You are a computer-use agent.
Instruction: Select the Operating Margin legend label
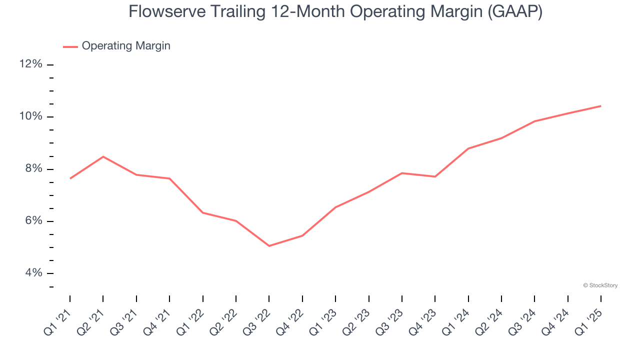(x=126, y=46)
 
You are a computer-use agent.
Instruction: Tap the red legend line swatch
(x=70, y=46)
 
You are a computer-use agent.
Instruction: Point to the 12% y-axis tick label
(x=31, y=64)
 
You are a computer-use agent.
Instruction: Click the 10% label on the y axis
(x=31, y=116)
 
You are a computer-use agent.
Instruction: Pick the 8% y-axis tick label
(x=33, y=169)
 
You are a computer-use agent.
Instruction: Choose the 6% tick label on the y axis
(x=33, y=221)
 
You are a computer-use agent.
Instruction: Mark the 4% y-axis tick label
(x=33, y=273)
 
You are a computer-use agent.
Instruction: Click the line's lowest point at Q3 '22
(x=269, y=246)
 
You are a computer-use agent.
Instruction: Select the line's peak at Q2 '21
(x=103, y=156)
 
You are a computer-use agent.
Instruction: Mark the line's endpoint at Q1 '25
(x=600, y=106)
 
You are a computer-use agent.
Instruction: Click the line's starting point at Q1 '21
(x=70, y=178)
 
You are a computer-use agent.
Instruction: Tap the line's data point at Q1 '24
(x=468, y=148)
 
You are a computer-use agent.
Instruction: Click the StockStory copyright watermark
(x=600, y=285)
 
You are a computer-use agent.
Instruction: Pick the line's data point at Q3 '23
(x=402, y=173)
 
